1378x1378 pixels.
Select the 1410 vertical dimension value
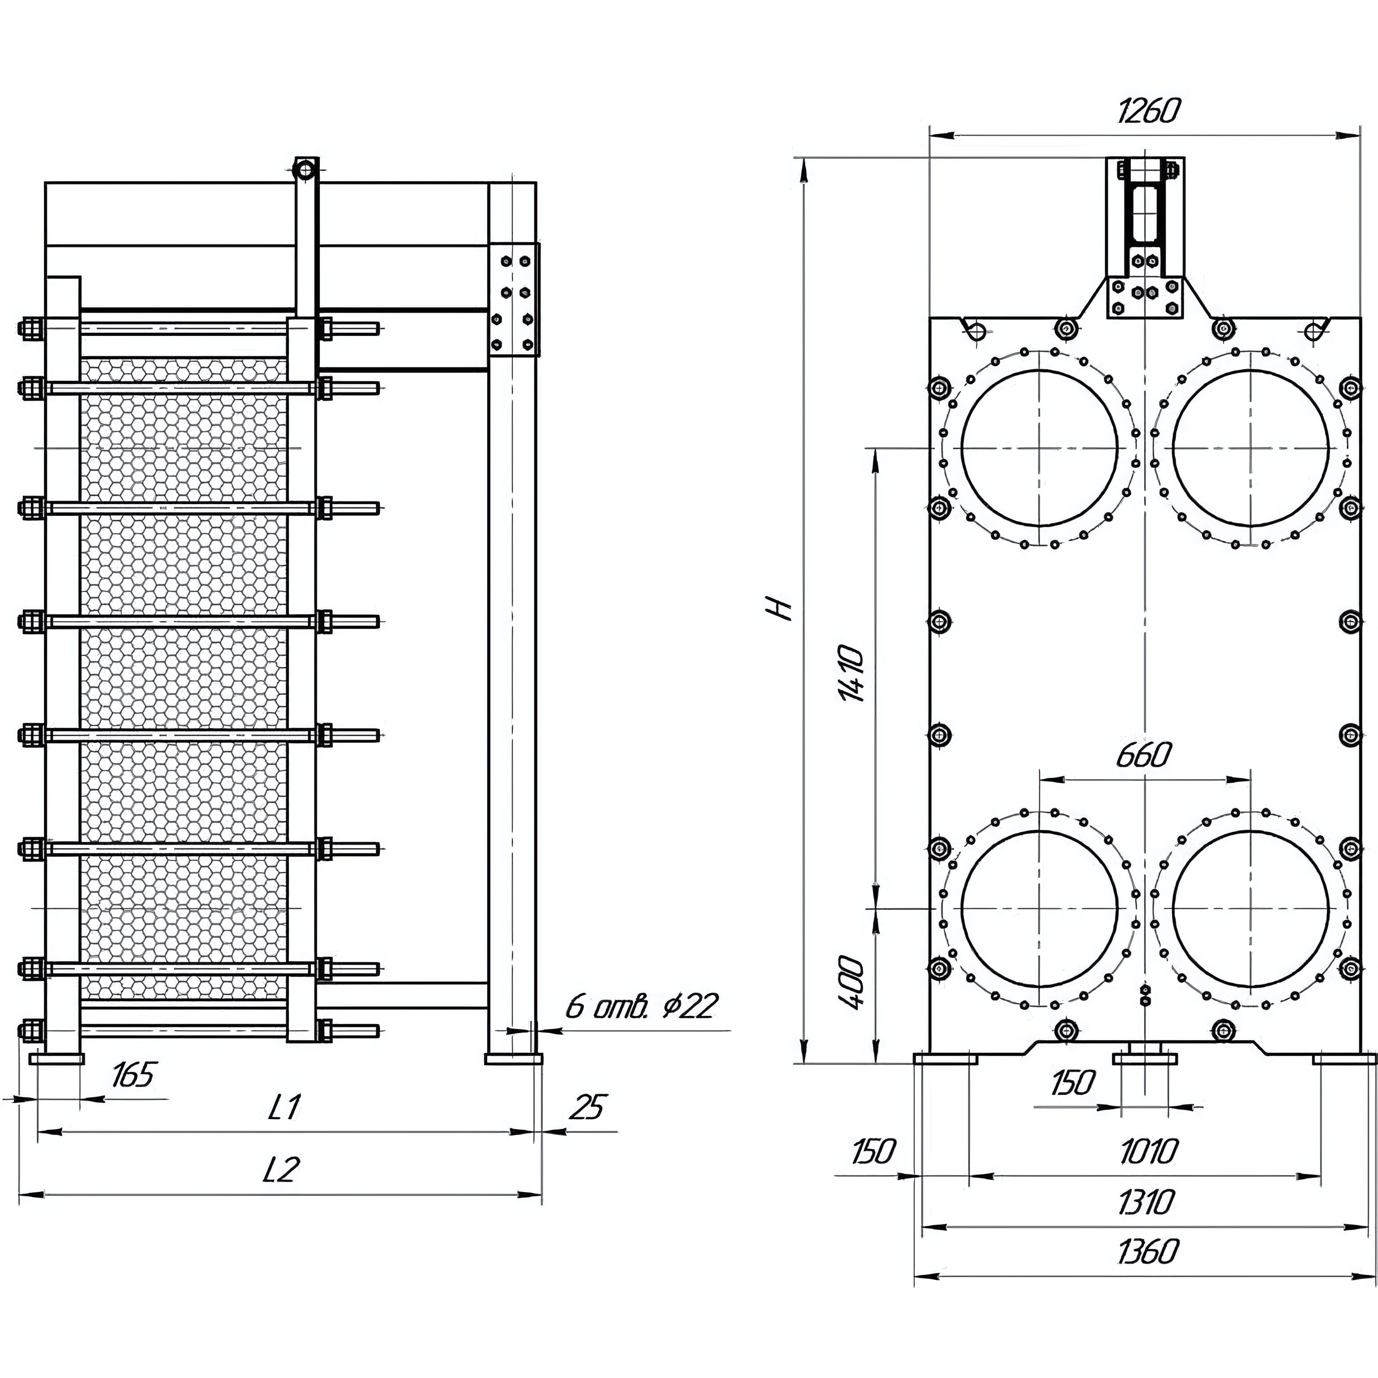coord(853,674)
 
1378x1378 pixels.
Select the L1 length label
coord(284,1107)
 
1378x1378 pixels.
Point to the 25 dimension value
coord(588,1107)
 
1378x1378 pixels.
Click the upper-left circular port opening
coord(1039,447)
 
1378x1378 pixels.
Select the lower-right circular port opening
coord(1250,908)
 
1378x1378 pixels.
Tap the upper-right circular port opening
coord(1250,447)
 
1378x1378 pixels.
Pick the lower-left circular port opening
coord(1039,908)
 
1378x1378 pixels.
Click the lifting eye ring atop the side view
coord(305,170)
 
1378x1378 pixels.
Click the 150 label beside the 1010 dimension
coord(873,1151)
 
